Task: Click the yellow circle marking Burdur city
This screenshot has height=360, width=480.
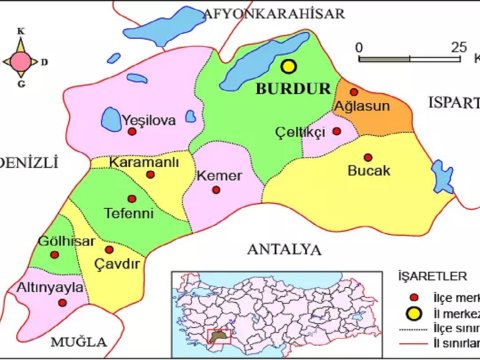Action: coord(290,67)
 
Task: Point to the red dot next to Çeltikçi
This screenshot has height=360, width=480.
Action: coord(337,131)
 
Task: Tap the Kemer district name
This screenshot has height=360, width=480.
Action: coord(221,176)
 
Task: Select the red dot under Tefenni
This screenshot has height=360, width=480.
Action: coord(131,199)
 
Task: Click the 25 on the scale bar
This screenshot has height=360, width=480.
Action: coord(458,46)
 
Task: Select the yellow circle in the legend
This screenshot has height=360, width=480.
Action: coord(411,314)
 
